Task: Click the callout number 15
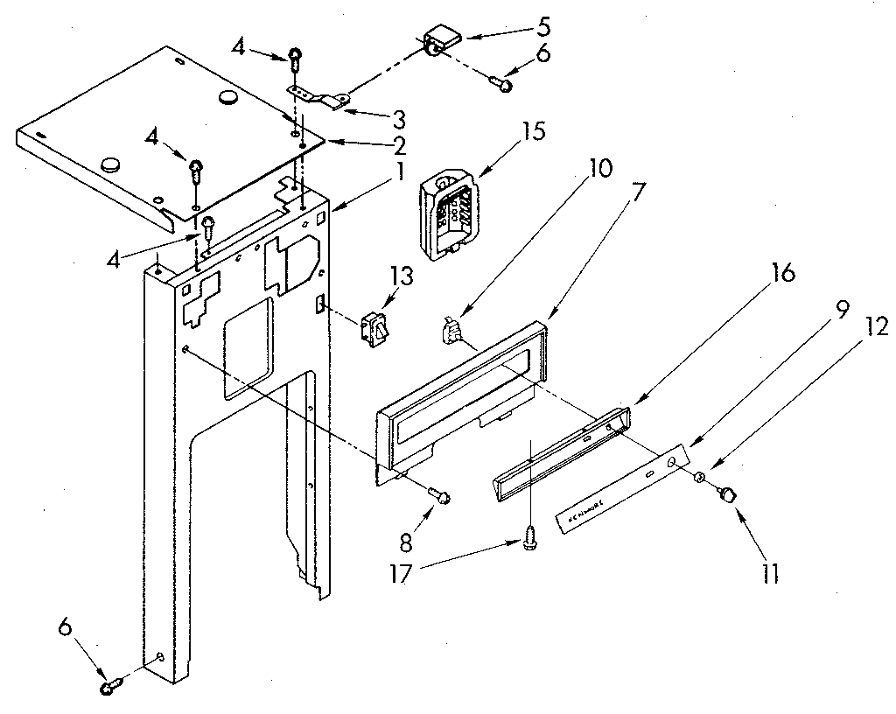tap(532, 132)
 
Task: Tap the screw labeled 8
tap(441, 497)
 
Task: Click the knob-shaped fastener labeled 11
tap(726, 496)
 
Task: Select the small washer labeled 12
tap(701, 477)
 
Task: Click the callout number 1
tap(398, 173)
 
